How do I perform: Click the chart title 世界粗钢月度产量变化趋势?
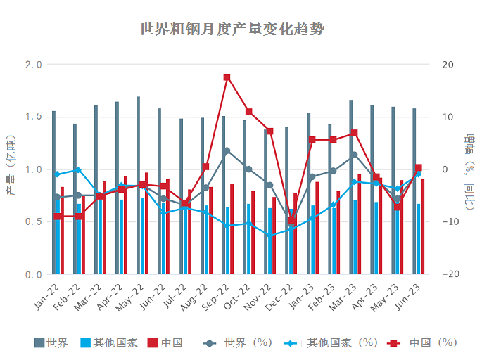[232, 30]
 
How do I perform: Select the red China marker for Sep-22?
[227, 77]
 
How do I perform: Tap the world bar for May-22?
[138, 186]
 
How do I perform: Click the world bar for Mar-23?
[350, 187]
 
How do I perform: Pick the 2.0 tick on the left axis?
[33, 65]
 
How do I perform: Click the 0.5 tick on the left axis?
[33, 222]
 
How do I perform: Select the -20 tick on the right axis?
[448, 274]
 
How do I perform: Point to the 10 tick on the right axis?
[448, 117]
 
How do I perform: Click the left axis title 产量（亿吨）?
[11, 169]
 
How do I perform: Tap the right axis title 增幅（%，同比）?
[469, 169]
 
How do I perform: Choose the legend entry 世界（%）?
[239, 343]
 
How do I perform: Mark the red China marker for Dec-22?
[291, 221]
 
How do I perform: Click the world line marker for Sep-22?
[227, 151]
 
